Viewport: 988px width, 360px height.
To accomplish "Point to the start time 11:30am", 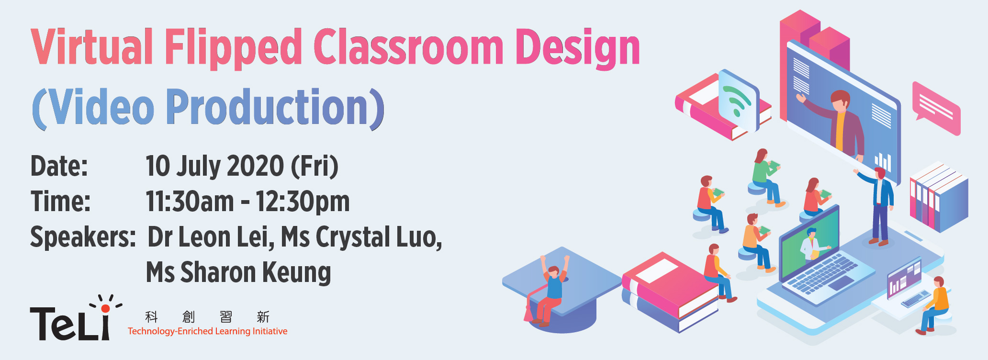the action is coord(190,201).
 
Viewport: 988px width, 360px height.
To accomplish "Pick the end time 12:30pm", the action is coord(303,202).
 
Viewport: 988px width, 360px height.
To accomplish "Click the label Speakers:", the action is coord(83,237).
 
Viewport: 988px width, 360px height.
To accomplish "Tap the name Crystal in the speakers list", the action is coord(353,237).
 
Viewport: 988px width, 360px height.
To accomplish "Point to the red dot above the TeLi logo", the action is coord(105,308).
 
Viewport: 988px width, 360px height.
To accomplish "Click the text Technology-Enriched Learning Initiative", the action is coord(207,331).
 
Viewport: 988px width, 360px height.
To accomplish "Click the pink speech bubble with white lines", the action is coord(936,108).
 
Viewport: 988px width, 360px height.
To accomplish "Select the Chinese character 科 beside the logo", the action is coord(152,316).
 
